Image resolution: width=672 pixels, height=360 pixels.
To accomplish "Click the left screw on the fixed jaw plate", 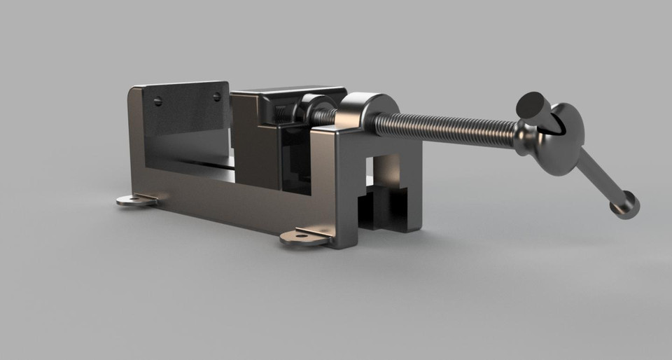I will (x=157, y=101).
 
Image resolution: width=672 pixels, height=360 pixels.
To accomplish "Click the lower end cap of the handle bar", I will (x=625, y=205).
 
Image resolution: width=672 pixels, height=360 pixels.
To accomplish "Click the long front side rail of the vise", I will (x=231, y=200).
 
